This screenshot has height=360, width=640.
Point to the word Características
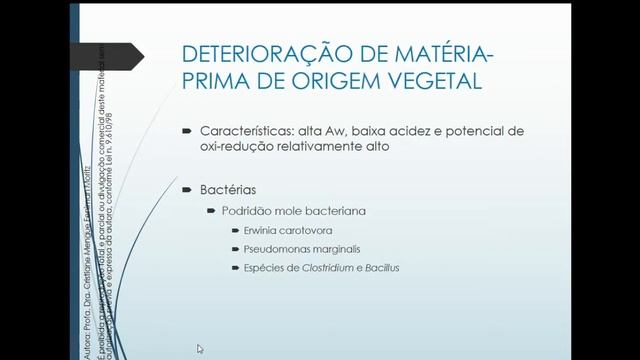pyautogui.click(x=243, y=131)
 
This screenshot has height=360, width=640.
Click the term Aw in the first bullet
pyautogui.click(x=326, y=131)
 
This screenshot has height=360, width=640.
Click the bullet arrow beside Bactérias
pyautogui.click(x=187, y=189)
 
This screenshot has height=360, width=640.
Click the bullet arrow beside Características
pyautogui.click(x=187, y=131)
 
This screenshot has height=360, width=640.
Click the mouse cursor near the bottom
pyautogui.click(x=200, y=349)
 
